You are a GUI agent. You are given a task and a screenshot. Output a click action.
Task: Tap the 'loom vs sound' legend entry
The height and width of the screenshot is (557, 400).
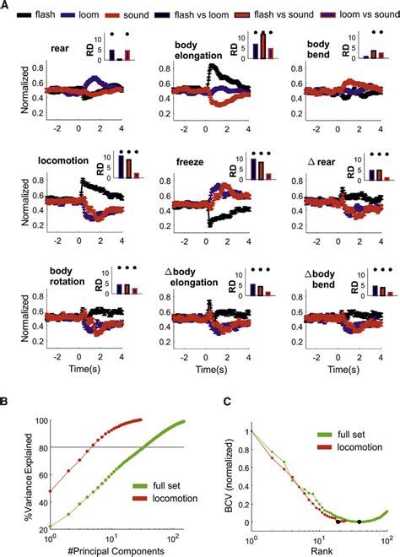coord(352,15)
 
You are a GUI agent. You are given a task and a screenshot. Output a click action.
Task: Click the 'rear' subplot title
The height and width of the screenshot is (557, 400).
coord(60,48)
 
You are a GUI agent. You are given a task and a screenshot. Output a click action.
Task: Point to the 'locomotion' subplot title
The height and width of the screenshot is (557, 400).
coord(64,158)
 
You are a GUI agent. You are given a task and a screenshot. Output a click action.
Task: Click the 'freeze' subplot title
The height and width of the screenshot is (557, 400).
coord(190,158)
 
